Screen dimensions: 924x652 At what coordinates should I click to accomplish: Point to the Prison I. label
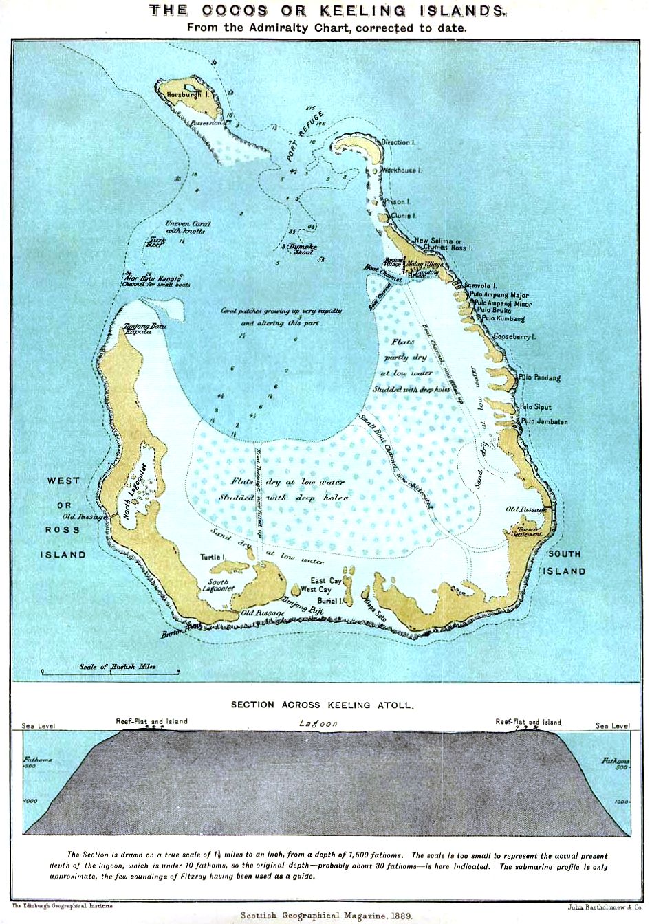[397, 202]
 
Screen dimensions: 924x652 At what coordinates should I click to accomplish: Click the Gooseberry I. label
[514, 336]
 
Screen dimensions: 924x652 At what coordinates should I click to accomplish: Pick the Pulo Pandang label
[539, 377]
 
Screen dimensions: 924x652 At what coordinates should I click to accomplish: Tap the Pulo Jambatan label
[544, 421]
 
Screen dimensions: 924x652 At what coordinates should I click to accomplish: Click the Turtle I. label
[213, 557]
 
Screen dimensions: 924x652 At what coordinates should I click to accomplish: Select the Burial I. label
[327, 601]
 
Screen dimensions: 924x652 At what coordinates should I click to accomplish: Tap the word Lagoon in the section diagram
[318, 723]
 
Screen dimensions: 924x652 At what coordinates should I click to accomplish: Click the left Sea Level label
[39, 725]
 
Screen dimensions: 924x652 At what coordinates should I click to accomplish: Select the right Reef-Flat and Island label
[528, 722]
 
